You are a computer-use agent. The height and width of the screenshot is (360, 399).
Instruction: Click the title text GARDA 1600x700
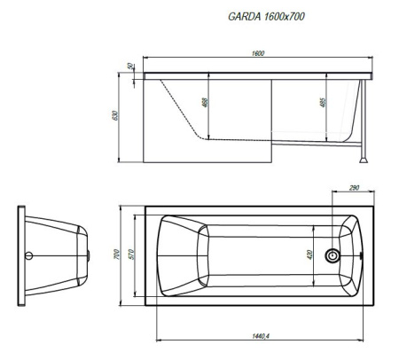[266, 17]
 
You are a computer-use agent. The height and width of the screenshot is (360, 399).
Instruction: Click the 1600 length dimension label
[258, 53]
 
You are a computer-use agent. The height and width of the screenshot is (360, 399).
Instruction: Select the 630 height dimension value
[115, 115]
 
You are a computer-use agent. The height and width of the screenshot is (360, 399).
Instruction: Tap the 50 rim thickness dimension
[130, 67]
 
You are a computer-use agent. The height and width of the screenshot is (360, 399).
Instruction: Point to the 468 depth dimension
[206, 102]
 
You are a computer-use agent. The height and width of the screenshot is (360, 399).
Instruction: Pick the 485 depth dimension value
[323, 102]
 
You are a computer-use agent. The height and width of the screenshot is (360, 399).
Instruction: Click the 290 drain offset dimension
[354, 188]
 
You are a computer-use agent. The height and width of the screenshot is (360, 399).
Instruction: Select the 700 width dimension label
[117, 254]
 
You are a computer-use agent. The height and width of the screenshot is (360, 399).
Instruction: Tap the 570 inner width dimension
[132, 254]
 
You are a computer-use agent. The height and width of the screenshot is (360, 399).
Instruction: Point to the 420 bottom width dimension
[309, 254]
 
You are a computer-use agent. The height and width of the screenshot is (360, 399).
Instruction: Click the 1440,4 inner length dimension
[261, 336]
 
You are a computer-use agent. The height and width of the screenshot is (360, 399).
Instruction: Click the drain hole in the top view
[332, 255]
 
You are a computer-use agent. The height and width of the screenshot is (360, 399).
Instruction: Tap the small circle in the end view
[28, 255]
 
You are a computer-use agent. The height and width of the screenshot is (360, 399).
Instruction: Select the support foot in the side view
[364, 160]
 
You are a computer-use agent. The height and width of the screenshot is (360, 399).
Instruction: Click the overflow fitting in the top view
[361, 255]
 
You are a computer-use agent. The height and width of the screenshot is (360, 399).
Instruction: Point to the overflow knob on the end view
[89, 255]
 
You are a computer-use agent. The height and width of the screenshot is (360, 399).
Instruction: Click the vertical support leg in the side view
[364, 119]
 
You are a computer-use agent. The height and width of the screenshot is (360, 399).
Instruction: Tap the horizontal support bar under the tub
[317, 144]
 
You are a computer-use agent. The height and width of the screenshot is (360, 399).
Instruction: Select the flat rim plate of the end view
[21, 256]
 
